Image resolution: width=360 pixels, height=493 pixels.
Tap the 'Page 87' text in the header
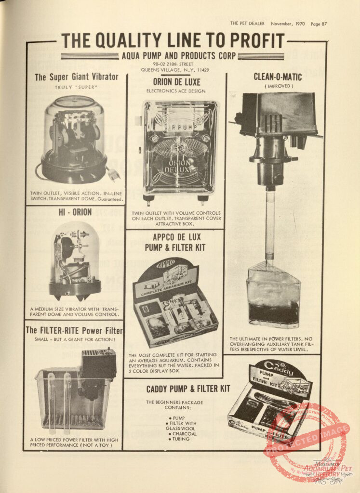coord(319,24)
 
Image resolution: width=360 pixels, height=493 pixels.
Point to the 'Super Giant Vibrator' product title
coord(76,77)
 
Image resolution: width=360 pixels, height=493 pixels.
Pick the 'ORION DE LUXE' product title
coord(176,82)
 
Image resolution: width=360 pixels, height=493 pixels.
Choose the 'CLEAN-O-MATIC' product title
coord(278,77)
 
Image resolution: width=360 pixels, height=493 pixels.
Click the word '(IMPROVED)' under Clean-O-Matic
coord(278,86)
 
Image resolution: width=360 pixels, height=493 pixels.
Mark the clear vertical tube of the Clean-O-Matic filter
coord(270,221)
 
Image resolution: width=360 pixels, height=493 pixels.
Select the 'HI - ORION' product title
coord(75,212)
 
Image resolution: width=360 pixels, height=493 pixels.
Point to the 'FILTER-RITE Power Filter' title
coord(74,330)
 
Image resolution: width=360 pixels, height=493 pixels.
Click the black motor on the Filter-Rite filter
coord(98,363)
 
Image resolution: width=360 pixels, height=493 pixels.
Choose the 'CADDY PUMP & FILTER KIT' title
coord(188,389)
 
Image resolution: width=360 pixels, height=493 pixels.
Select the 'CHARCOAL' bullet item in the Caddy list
coord(182,434)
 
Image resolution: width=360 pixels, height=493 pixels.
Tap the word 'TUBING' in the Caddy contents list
coord(181,440)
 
